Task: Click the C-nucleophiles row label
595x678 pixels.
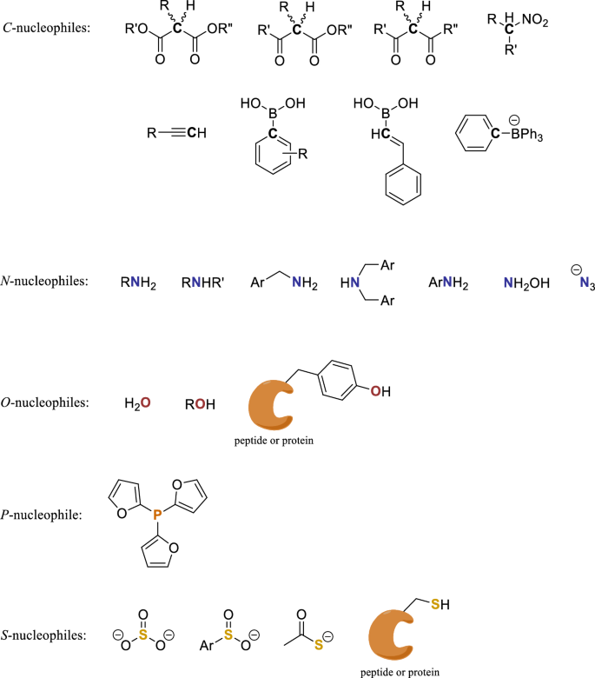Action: tap(46, 28)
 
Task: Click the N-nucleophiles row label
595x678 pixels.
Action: tap(44, 281)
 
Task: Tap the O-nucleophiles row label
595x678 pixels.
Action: tap(45, 402)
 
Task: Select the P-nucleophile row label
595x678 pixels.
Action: tap(42, 515)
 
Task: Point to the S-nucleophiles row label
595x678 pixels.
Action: tap(43, 635)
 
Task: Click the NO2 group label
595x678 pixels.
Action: tap(535, 20)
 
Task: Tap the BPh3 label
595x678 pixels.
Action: tap(526, 135)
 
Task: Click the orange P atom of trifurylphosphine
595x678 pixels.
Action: tap(158, 514)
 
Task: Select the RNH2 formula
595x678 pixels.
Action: tap(138, 283)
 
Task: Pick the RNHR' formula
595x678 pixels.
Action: tap(202, 282)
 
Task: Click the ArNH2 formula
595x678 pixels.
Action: tap(448, 283)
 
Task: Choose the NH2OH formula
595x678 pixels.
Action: tap(526, 283)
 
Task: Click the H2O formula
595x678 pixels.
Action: tap(137, 403)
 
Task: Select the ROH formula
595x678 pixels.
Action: tap(200, 404)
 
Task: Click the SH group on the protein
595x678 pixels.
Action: tap(440, 604)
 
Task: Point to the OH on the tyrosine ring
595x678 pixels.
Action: tap(380, 391)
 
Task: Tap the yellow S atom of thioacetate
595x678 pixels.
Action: tap(319, 645)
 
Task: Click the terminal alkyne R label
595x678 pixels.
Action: tap(152, 133)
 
